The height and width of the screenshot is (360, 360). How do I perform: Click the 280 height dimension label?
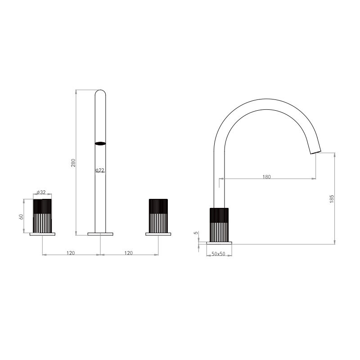coord(73,162)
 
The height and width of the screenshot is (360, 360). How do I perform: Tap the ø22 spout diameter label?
coord(100,170)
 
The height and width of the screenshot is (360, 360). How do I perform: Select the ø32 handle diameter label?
coord(41,192)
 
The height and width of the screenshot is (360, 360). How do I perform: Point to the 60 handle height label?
coord(21,216)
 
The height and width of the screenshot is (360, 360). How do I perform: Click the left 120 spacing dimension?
coord(71,253)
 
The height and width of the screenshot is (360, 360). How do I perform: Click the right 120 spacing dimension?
coord(129,253)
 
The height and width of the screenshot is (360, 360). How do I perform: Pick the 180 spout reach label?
coord(266,177)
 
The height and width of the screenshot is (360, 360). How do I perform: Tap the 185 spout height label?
coord(332,199)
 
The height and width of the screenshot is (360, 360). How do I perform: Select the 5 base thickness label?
coord(196,233)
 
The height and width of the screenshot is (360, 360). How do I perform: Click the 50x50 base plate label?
coord(219,254)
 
